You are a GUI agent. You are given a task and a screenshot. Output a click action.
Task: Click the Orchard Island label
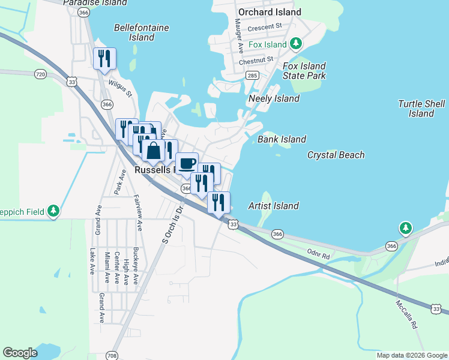[269, 12]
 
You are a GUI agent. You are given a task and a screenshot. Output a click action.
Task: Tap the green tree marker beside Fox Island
[295, 44]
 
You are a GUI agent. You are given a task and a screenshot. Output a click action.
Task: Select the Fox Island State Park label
[304, 71]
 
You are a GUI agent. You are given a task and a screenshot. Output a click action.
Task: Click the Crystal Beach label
[336, 155]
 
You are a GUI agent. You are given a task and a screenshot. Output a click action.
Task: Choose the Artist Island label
[273, 206]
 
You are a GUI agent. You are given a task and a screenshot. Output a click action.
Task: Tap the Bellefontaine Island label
[141, 32]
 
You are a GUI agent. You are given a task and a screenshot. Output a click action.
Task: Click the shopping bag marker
[154, 151]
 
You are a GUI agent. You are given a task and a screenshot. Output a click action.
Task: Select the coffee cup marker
[187, 163]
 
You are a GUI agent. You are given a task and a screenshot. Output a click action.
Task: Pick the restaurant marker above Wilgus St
[104, 58]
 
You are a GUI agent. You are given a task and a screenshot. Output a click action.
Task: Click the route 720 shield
[40, 74]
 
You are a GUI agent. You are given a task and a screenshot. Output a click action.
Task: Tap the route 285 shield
[252, 75]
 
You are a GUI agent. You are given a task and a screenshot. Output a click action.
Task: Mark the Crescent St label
[264, 26]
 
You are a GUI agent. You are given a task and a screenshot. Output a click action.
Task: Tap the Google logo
[20, 353]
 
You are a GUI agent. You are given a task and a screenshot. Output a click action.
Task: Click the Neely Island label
[274, 98]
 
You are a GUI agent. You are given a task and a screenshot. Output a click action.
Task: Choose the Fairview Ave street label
[139, 215]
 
